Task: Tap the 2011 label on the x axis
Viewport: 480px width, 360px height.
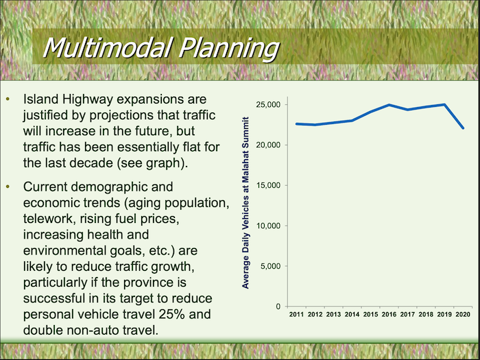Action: click(297, 314)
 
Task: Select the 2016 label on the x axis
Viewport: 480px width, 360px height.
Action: click(389, 314)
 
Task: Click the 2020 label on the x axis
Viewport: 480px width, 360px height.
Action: click(464, 314)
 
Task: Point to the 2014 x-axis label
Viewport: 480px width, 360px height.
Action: click(352, 314)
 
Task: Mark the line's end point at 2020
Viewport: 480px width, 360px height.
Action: click(464, 128)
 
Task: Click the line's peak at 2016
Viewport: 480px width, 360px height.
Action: click(389, 105)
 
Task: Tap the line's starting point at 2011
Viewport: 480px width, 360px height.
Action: click(297, 124)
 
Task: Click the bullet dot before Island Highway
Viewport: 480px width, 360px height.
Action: click(8, 101)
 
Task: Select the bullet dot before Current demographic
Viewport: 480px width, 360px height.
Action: click(8, 187)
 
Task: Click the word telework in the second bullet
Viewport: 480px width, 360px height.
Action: click(47, 218)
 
